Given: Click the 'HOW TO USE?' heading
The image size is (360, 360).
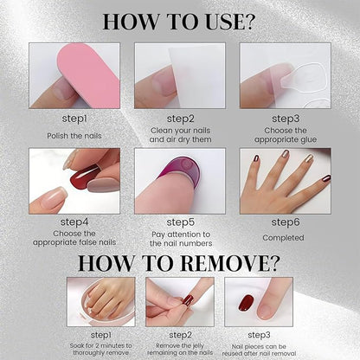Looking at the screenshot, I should pyautogui.click(x=179, y=21).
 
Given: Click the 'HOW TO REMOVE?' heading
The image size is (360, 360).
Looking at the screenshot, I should pyautogui.click(x=179, y=263).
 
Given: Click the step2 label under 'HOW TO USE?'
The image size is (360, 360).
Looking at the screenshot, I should pyautogui.click(x=180, y=119).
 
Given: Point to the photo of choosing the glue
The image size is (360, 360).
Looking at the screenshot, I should pyautogui.click(x=285, y=75).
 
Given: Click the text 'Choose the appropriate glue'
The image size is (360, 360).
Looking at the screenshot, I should pyautogui.click(x=285, y=136).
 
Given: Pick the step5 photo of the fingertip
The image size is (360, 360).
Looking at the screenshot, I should pyautogui.click(x=180, y=181).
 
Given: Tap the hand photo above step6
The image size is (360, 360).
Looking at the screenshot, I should pyautogui.click(x=285, y=181).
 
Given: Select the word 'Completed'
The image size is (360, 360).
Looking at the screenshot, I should pyautogui.click(x=285, y=235).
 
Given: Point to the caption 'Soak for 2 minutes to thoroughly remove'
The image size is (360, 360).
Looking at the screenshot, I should pyautogui.click(x=100, y=348).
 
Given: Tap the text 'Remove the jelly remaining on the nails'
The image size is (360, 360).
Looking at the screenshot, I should pyautogui.click(x=180, y=348).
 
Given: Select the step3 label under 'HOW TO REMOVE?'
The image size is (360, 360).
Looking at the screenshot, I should pyautogui.click(x=259, y=333).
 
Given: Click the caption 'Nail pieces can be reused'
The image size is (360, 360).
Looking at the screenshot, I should pyautogui.click(x=259, y=348).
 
